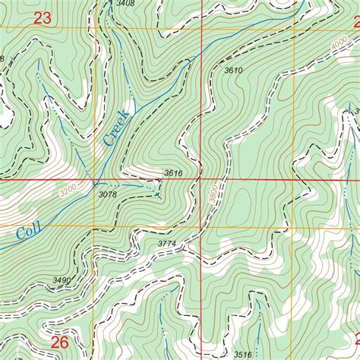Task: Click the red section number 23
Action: (x=43, y=19)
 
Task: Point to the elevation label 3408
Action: (x=125, y=4)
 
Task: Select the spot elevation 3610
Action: (x=233, y=71)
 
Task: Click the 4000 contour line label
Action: (x=342, y=44)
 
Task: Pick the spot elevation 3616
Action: (x=173, y=174)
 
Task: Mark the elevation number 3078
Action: (x=108, y=194)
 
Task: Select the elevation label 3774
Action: (x=166, y=244)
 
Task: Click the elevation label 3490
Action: (x=62, y=280)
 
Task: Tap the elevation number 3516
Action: (x=242, y=354)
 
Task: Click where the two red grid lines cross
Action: (x=201, y=181)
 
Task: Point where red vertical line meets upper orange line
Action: (x=201, y=29)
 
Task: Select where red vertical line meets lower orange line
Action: (x=201, y=226)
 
